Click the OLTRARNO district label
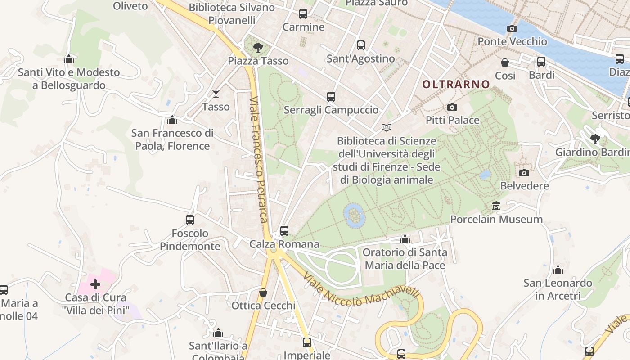[456, 84]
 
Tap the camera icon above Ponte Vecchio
[512, 28]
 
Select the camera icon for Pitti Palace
[452, 107]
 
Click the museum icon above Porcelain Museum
[496, 206]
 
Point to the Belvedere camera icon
[524, 173]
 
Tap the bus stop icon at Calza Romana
[284, 231]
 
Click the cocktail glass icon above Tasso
[216, 93]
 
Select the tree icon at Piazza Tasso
[258, 47]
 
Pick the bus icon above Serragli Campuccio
[331, 96]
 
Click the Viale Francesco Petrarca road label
[260, 160]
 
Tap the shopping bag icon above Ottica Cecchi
[263, 292]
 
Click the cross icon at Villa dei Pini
[95, 284]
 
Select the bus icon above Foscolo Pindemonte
[190, 220]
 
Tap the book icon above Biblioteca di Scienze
[387, 128]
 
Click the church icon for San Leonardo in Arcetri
[558, 270]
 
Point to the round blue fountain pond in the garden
[354, 215]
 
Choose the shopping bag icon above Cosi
[505, 63]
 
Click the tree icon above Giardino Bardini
[595, 139]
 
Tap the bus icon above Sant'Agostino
[361, 45]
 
